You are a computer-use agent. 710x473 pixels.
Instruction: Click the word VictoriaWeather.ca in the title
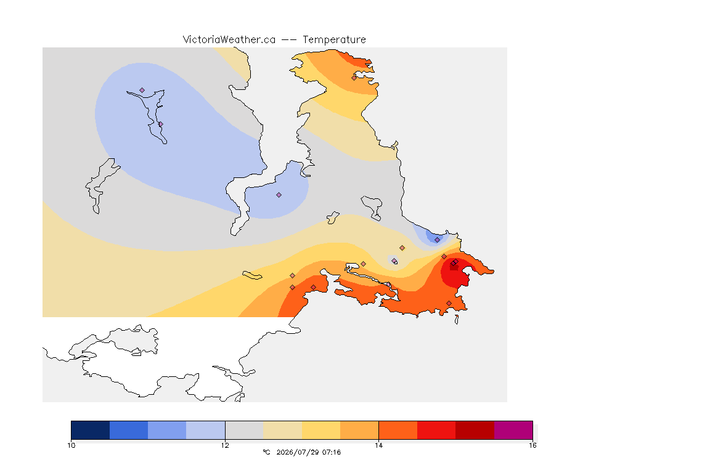229,40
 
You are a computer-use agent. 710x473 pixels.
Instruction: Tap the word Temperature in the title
334,40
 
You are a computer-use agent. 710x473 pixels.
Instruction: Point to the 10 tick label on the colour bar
71,445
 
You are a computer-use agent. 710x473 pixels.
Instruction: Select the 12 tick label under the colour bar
225,445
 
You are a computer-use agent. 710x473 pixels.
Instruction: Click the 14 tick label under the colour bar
378,445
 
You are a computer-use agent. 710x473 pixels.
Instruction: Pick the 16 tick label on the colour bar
532,445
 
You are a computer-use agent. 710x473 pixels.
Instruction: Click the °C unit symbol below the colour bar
266,452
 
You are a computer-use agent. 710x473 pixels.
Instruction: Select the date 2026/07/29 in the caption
296,452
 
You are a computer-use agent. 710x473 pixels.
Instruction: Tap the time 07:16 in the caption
332,452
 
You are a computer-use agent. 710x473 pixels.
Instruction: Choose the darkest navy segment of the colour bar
91,430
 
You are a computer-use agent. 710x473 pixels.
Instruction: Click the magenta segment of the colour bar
513,430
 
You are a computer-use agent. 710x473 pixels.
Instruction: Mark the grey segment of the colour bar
244,430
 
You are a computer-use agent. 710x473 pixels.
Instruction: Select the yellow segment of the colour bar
321,430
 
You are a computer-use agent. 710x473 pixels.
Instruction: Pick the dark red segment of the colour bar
475,430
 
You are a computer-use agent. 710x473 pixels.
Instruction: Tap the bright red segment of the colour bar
436,430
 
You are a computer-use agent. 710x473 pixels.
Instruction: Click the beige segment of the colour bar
282,430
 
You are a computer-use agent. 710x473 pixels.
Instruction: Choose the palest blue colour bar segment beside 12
206,430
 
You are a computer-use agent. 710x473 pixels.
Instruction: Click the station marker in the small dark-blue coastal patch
437,240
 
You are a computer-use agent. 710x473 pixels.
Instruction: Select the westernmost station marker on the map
142,91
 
